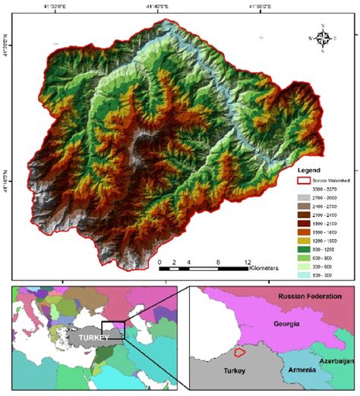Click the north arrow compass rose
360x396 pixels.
tap(323, 36)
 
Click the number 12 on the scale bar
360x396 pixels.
tap(247, 261)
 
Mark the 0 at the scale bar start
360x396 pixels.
tap(160, 261)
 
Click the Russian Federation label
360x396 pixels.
tap(310, 296)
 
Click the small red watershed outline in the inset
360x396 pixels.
tap(239, 352)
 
